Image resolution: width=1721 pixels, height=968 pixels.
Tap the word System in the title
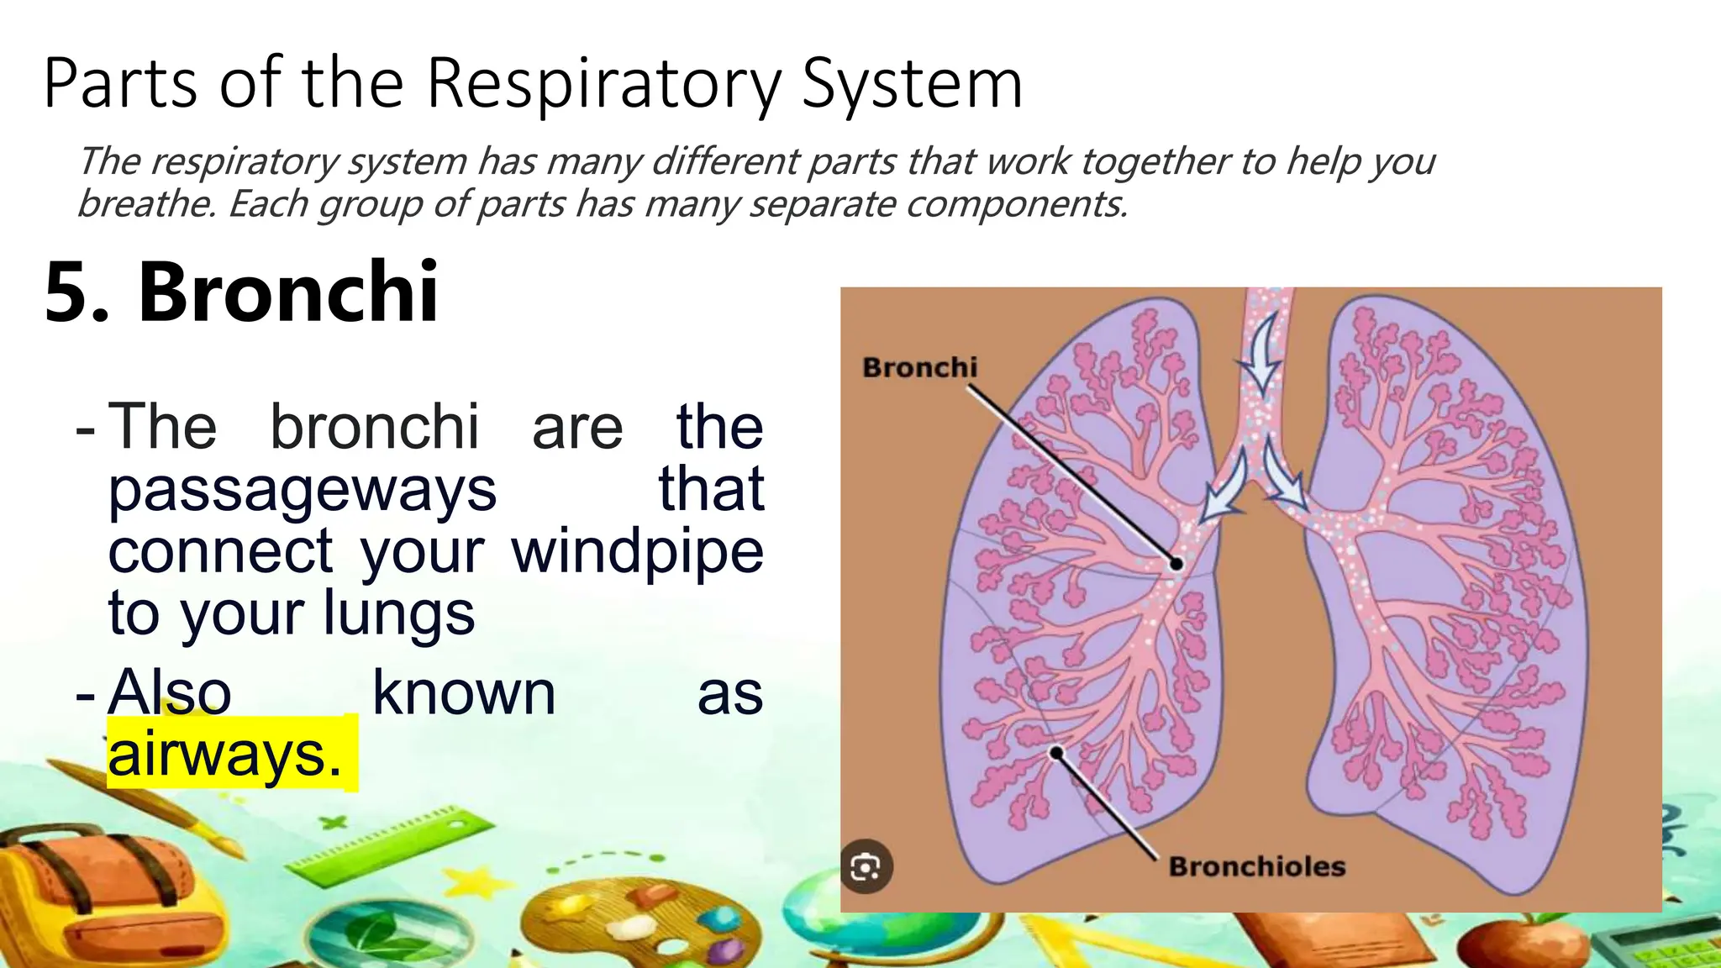coord(912,84)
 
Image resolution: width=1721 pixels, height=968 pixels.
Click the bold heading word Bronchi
coord(288,292)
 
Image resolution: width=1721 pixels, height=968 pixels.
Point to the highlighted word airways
coord(224,754)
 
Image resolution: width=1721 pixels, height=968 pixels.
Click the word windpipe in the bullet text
coord(637,551)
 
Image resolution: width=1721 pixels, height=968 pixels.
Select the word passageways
coord(303,489)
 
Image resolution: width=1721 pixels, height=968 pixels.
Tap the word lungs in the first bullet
coord(399,613)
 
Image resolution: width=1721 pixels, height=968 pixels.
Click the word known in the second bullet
coord(464,693)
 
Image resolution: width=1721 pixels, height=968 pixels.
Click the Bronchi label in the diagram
coord(920,367)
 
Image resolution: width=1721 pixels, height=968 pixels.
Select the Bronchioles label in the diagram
coord(1257,866)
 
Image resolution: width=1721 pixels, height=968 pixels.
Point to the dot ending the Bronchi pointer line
coord(1176,564)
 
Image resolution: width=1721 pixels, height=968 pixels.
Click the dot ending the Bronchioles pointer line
coord(1056,753)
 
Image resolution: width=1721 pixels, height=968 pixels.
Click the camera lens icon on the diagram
coord(866,866)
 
